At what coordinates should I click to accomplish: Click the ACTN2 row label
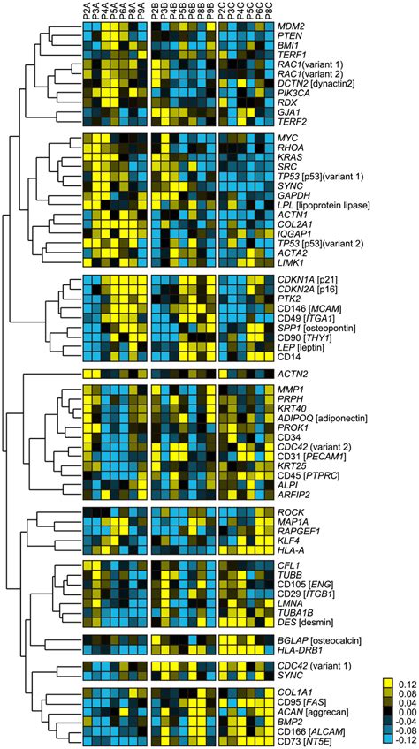click(281, 374)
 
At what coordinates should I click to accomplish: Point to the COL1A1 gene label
click(285, 692)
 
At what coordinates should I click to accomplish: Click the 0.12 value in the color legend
click(402, 683)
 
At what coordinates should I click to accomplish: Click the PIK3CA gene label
click(284, 91)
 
